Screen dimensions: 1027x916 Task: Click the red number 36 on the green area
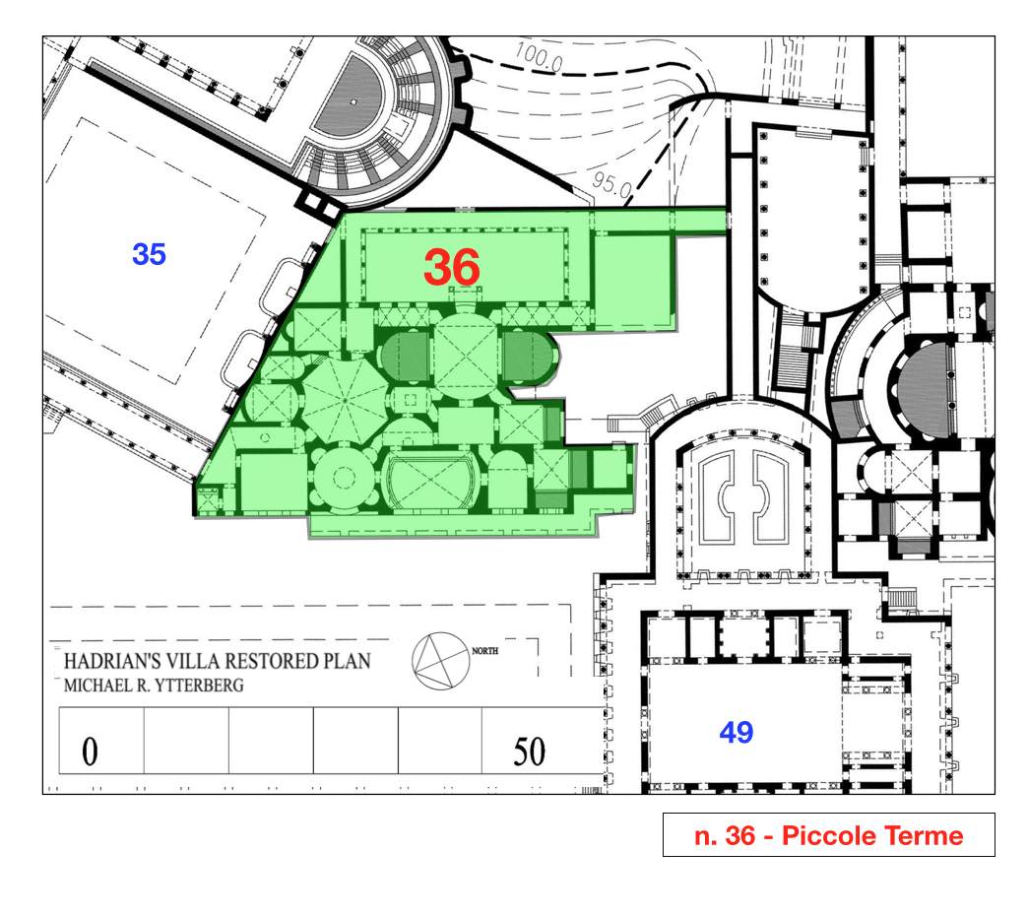tap(452, 267)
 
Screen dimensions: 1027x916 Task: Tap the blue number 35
tap(149, 254)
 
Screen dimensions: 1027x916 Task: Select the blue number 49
tap(737, 732)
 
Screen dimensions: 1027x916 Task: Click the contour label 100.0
tap(539, 56)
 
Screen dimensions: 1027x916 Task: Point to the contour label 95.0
tap(611, 183)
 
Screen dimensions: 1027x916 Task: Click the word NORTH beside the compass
tap(484, 651)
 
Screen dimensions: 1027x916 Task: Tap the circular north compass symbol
tap(441, 661)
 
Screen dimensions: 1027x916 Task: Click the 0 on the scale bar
tap(90, 751)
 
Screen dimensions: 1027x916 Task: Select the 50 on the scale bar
tap(529, 751)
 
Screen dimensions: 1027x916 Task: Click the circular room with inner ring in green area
tap(345, 478)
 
